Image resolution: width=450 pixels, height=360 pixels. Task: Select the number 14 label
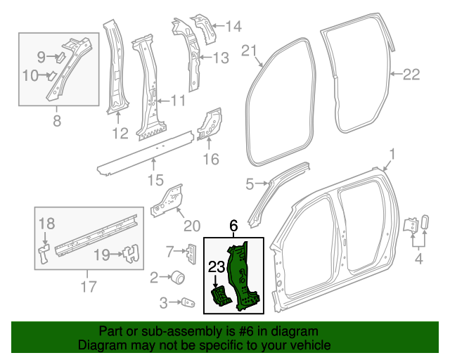232,27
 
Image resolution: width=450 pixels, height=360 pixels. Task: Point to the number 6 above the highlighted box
234,226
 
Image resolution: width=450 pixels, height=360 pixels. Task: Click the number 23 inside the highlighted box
216,266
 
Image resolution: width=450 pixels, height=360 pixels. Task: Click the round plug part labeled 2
179,278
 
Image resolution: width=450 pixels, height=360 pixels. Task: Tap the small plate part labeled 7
190,251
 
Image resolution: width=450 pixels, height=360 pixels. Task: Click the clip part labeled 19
128,254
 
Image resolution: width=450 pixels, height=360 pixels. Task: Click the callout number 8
57,120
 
